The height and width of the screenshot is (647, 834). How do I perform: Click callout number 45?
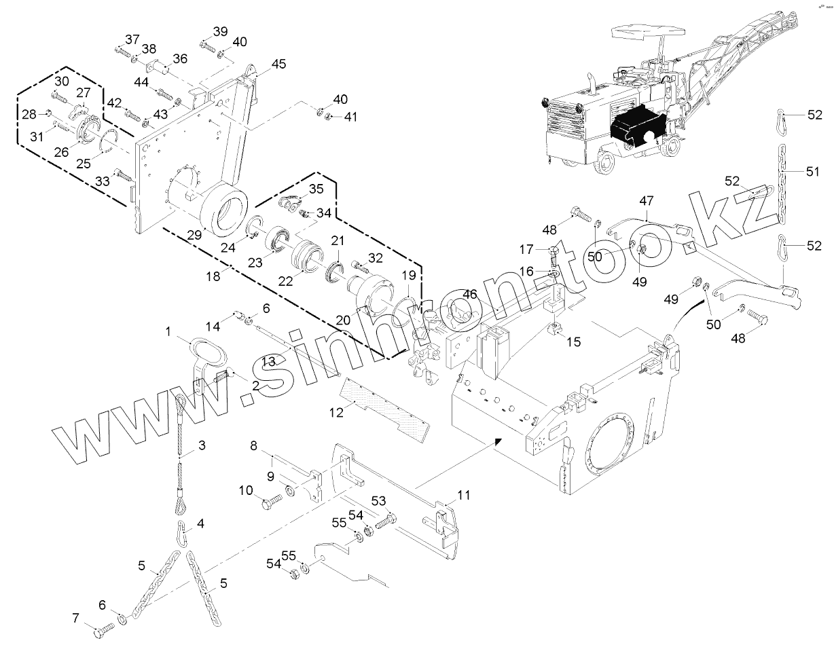278,64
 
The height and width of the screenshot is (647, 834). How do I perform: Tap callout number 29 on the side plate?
195,234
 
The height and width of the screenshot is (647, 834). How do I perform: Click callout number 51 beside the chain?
813,172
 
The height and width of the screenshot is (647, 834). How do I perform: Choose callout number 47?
646,201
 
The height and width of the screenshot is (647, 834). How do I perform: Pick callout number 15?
574,342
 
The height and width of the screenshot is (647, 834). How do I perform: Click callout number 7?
76,617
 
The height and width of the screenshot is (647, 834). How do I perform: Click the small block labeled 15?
555,332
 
